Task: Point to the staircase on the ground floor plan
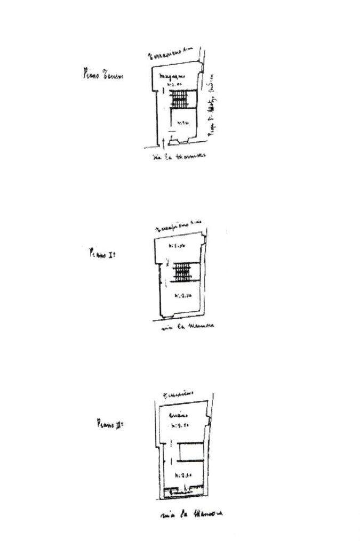pos(180,98)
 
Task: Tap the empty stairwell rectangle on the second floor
pos(190,453)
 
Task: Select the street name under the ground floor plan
pos(179,156)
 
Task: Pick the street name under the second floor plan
pos(191,514)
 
